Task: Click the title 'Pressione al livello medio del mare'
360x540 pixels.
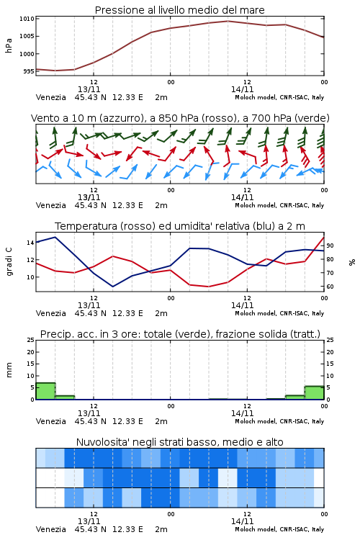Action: pos(179,10)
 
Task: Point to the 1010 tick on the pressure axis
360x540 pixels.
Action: pos(27,19)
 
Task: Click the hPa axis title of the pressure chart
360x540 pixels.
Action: pos(9,45)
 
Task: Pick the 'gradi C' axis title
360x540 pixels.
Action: pos(9,262)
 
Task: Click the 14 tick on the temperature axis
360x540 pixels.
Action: pos(30,243)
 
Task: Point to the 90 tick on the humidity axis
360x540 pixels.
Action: pos(330,246)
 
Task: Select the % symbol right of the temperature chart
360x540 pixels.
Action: pos(352,262)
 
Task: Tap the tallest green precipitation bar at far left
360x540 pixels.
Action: pos(45,391)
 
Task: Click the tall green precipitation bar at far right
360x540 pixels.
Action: pos(314,392)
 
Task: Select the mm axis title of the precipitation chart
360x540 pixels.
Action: pos(9,369)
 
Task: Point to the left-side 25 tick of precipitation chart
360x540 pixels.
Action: pos(30,340)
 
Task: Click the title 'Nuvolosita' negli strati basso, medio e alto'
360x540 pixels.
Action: pos(179,442)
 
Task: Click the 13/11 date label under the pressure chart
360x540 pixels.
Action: pos(89,89)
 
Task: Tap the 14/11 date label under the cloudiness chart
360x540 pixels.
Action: pos(242,521)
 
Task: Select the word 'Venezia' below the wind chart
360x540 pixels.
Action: pos(50,205)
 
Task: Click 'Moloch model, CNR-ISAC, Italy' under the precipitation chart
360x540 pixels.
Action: pos(279,421)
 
